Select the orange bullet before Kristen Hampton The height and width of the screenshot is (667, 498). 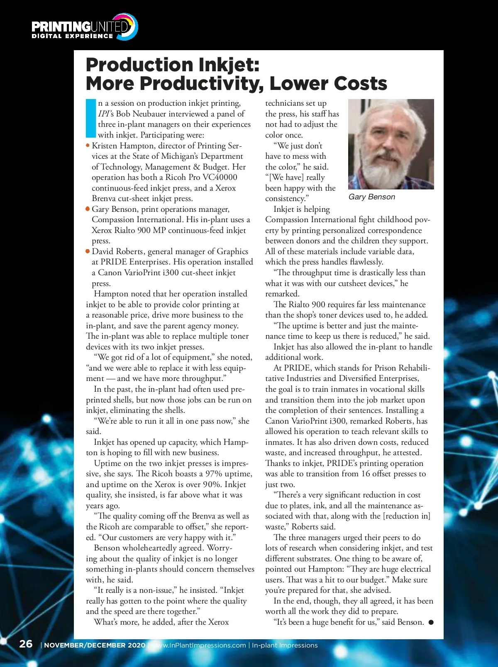88,146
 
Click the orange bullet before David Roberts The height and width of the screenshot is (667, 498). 88,251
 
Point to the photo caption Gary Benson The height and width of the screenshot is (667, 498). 372,197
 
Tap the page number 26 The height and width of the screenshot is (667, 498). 26,644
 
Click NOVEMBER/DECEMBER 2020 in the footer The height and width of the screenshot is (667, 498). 95,645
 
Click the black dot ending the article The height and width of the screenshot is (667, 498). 431,622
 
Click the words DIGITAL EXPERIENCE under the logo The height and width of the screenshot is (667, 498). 72,36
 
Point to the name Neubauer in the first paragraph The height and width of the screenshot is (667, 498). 158,114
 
